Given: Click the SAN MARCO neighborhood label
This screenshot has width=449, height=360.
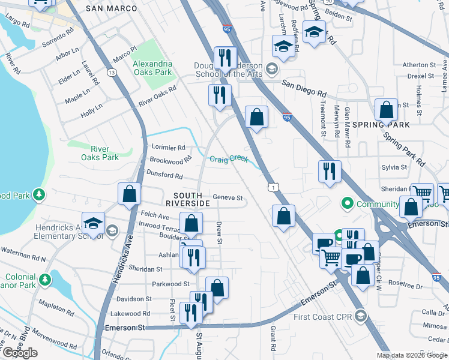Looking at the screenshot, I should click(111, 8).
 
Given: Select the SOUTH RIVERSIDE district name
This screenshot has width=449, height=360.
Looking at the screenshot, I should click(191, 199).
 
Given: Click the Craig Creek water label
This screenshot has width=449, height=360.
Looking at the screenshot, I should click(229, 158).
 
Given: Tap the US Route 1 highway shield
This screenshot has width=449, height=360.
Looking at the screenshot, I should click(273, 188).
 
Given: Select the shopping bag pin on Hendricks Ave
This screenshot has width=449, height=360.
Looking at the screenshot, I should click(129, 194).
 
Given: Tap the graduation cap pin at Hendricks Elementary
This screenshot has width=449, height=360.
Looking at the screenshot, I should click(94, 223).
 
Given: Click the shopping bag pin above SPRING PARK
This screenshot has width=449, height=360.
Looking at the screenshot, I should click(386, 110).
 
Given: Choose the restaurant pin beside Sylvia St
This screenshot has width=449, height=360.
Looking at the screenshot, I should click(330, 172).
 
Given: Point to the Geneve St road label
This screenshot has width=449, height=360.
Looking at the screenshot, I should click(228, 197).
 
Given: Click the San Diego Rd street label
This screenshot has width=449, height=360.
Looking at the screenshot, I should click(305, 89).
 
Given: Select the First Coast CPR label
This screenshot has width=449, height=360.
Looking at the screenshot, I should click(322, 316).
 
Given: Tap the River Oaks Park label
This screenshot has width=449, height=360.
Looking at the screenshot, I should click(100, 153).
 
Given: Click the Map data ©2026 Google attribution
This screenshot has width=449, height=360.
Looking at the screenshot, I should click(411, 355).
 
